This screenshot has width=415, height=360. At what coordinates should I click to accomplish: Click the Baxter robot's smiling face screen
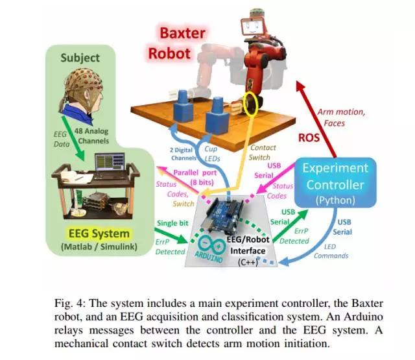[x=252, y=26]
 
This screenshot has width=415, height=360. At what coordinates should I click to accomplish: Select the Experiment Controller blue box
[x=335, y=183]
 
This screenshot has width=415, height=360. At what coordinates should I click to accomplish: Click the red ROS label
[x=309, y=138]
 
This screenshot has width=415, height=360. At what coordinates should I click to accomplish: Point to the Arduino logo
[x=210, y=248]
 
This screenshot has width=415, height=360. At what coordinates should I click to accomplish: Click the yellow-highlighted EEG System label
[x=99, y=234]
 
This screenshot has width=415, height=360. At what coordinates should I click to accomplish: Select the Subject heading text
[x=80, y=58]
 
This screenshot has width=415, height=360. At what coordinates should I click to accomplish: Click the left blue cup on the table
[x=183, y=106]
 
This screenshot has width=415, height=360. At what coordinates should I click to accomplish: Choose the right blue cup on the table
[x=217, y=115]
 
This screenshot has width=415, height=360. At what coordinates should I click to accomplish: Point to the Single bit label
[x=172, y=223]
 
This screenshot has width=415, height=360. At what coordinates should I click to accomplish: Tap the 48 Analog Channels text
[x=92, y=136]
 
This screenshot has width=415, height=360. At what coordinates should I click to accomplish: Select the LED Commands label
[x=331, y=251]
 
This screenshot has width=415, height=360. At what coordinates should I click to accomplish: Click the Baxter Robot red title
[x=176, y=43]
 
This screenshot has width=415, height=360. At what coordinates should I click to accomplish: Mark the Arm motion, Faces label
[x=341, y=117]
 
